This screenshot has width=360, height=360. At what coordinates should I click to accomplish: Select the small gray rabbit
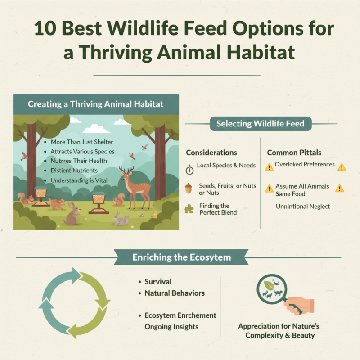(121, 219)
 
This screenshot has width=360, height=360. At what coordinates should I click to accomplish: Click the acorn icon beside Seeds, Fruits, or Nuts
(189, 188)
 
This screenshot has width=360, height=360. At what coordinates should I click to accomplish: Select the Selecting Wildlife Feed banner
(260, 124)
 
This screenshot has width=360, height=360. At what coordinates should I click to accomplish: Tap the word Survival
(158, 282)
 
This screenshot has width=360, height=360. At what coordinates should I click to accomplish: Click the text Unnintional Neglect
(303, 206)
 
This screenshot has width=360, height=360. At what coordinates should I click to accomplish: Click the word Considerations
(211, 153)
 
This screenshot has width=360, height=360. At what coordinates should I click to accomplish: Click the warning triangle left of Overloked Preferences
(269, 167)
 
